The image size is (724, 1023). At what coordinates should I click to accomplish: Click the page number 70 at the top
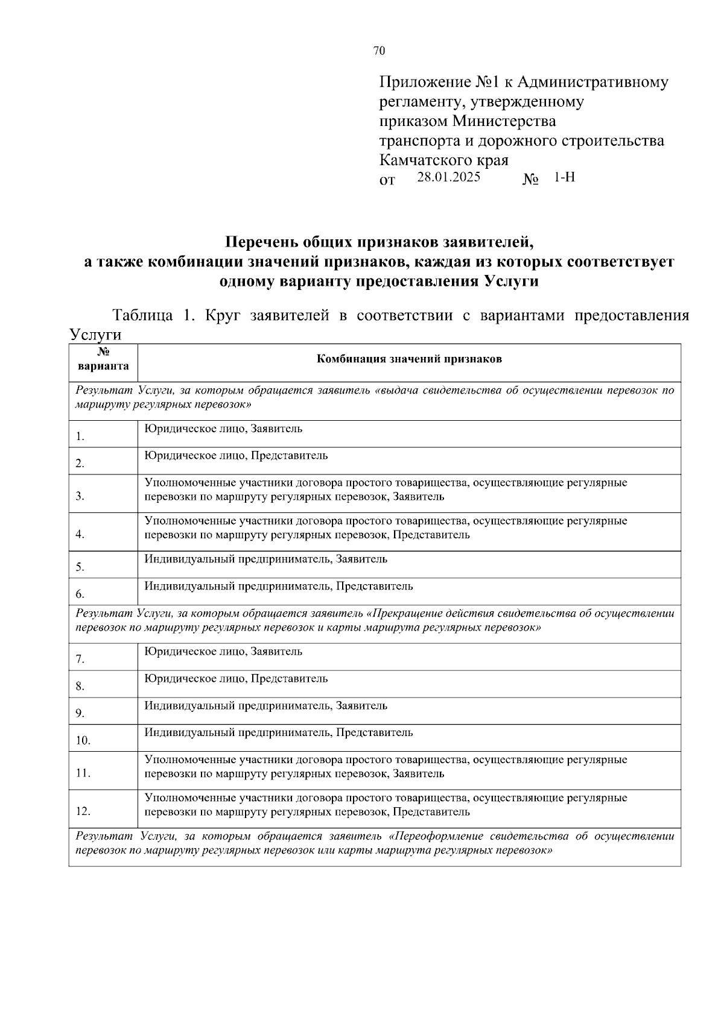pyautogui.click(x=379, y=51)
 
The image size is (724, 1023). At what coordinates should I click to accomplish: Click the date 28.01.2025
pyautogui.click(x=448, y=178)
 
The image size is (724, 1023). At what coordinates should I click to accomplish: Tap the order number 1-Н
pyautogui.click(x=564, y=178)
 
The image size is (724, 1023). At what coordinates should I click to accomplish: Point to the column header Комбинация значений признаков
pyautogui.click(x=409, y=359)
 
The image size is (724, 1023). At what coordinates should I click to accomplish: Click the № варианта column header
pyautogui.click(x=103, y=359)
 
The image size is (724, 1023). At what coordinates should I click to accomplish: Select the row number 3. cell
pyautogui.click(x=80, y=497)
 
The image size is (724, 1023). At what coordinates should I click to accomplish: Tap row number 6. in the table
pyautogui.click(x=80, y=594)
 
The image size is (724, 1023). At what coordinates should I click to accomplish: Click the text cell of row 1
pyautogui.click(x=223, y=429)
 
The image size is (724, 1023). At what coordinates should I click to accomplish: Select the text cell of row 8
pyautogui.click(x=236, y=679)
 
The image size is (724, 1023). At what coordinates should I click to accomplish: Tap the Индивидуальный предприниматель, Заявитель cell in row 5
pyautogui.click(x=265, y=559)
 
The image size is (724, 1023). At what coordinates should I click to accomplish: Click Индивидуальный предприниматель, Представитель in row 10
pyautogui.click(x=278, y=733)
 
